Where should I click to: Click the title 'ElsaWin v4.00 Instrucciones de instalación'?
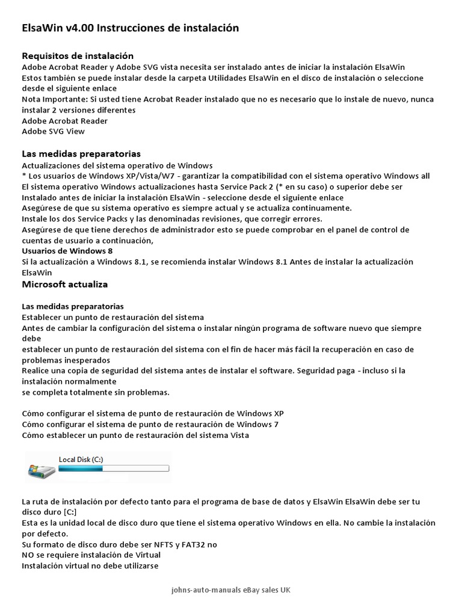point(130,28)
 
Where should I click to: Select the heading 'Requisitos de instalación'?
point(78,56)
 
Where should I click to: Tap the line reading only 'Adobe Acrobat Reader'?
point(65,121)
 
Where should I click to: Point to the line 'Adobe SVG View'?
point(54,131)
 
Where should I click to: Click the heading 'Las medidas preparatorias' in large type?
point(81,154)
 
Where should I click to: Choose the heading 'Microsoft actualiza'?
point(65,284)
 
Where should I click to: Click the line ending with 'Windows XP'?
point(153,414)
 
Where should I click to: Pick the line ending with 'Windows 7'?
point(150,425)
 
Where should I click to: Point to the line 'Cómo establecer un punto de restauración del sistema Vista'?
point(135,435)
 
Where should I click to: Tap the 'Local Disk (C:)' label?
point(81,460)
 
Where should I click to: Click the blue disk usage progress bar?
point(114,468)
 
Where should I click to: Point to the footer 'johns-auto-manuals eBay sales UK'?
point(231,591)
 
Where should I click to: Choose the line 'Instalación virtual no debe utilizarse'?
point(90,565)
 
